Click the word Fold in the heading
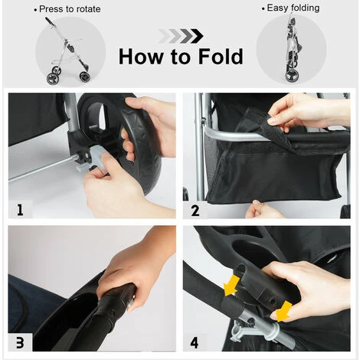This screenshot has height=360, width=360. (x=221, y=57)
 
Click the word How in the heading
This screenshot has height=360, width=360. (x=141, y=57)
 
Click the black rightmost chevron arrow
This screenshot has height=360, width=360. (x=197, y=36)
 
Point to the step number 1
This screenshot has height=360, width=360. (x=20, y=210)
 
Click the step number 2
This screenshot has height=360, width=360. (x=195, y=211)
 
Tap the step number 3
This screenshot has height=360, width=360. (x=20, y=342)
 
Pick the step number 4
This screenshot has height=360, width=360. (x=195, y=343)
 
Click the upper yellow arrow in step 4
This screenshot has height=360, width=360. (x=231, y=286)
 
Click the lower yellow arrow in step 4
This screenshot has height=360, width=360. (x=283, y=311)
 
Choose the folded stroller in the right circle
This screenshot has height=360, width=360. (x=292, y=48)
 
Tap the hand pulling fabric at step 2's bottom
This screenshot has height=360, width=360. (x=263, y=209)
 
